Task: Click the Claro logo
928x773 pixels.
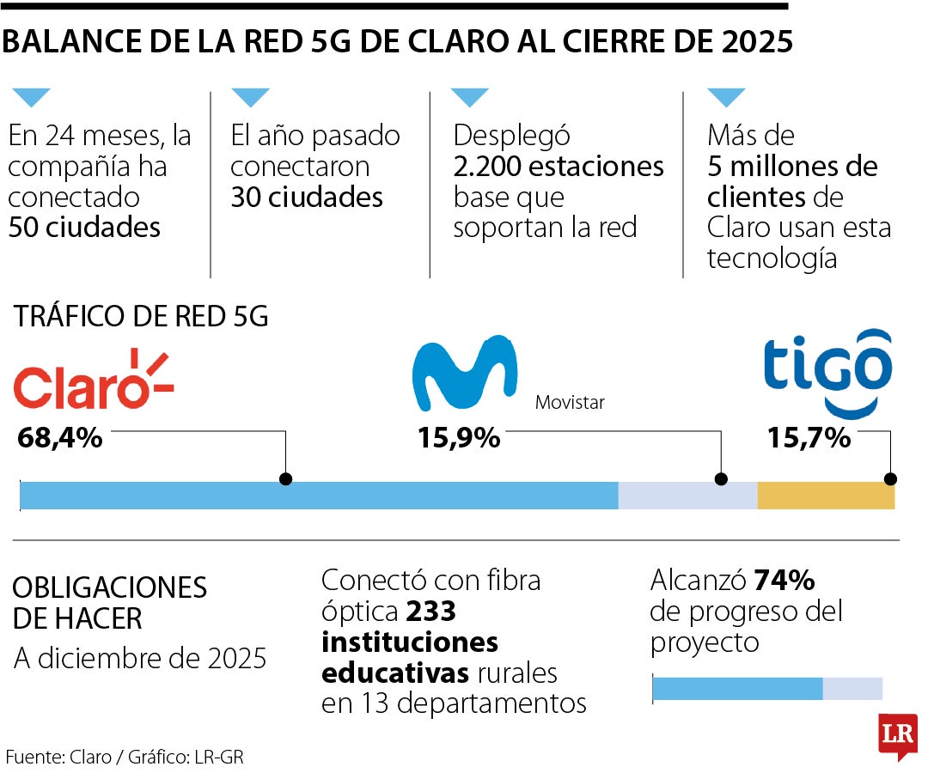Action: [93, 380]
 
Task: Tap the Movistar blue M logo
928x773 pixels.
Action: [464, 374]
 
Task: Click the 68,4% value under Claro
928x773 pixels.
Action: [60, 438]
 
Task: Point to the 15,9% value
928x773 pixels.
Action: [459, 438]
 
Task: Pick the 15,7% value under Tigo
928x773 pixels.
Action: [809, 438]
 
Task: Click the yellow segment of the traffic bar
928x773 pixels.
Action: [826, 496]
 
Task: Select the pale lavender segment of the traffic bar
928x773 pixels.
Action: [687, 496]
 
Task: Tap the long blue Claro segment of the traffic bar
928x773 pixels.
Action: [318, 496]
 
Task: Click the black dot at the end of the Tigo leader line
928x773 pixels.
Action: [891, 479]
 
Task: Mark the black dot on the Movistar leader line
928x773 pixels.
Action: [721, 479]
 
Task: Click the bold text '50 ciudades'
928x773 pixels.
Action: [84, 228]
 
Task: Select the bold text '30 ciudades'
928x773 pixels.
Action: [307, 198]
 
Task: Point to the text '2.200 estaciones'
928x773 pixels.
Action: [559, 166]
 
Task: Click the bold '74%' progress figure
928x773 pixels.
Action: [784, 581]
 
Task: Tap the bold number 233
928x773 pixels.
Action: [430, 612]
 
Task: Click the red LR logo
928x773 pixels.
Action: [898, 735]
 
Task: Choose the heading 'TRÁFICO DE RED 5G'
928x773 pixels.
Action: [141, 317]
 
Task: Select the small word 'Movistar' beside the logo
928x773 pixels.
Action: [570, 402]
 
